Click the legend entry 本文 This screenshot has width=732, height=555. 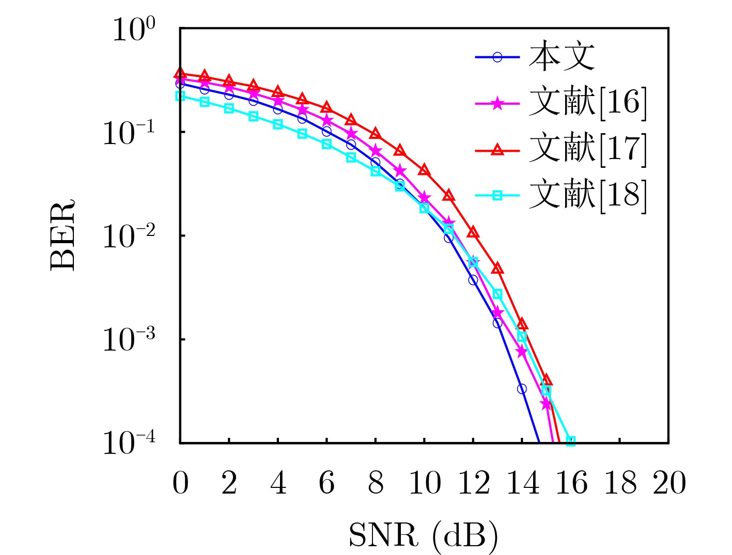(x=562, y=56)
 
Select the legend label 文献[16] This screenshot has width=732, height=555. (x=587, y=102)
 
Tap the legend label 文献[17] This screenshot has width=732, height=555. (x=587, y=149)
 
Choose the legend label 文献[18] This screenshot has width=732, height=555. (x=587, y=195)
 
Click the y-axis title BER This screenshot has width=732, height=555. (x=63, y=235)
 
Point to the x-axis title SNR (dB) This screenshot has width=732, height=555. (x=424, y=535)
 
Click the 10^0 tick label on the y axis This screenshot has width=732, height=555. (x=133, y=29)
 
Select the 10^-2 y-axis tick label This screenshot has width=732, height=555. (x=129, y=236)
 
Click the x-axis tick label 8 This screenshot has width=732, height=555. (x=376, y=483)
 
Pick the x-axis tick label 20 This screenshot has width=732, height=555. (x=669, y=483)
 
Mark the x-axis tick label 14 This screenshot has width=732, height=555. (x=522, y=483)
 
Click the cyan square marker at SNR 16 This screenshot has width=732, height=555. (x=571, y=441)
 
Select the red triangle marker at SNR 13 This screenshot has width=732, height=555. (x=497, y=268)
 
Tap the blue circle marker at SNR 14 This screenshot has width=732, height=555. (x=522, y=389)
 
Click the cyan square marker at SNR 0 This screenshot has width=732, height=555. (x=180, y=96)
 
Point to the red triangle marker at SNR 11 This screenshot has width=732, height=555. (x=448, y=195)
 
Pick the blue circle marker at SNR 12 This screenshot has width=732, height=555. (x=473, y=280)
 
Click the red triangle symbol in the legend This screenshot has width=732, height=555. (x=497, y=150)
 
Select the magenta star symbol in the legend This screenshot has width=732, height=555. (x=497, y=104)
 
